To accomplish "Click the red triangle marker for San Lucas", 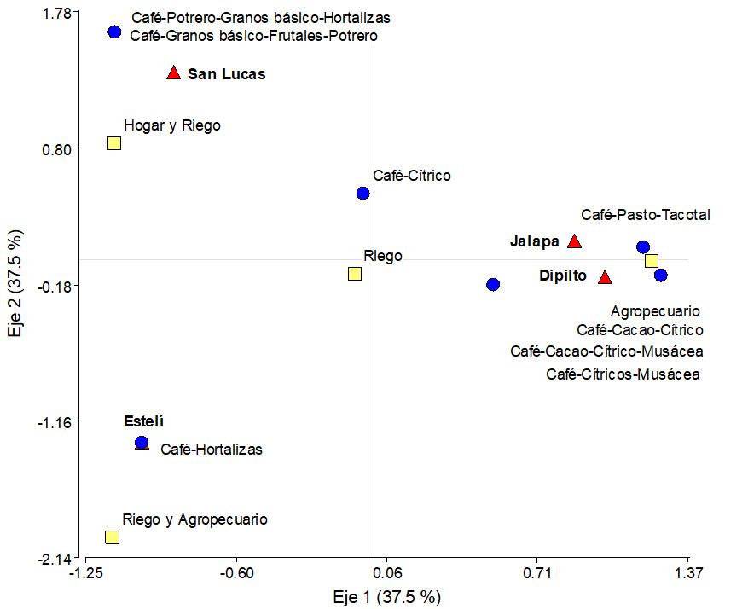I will tap(174, 73).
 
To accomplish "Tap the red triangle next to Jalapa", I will tap(575, 241).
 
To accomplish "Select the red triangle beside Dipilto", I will tap(605, 277).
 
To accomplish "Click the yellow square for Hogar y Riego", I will tap(114, 143).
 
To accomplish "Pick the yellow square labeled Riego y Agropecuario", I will tap(112, 536).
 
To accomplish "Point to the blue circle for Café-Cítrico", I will tap(362, 193).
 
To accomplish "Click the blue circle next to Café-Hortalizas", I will tap(142, 443).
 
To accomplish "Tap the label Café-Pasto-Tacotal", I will tap(646, 215).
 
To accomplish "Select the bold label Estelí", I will tap(143, 421).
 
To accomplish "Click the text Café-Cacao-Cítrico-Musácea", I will tap(606, 351).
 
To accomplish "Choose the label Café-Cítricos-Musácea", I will tap(623, 374).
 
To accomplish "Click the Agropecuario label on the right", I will tap(655, 311).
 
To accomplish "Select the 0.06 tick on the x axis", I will tap(388, 572).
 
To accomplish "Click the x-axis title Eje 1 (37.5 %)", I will tap(386, 596).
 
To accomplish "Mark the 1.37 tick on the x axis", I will tap(688, 572).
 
